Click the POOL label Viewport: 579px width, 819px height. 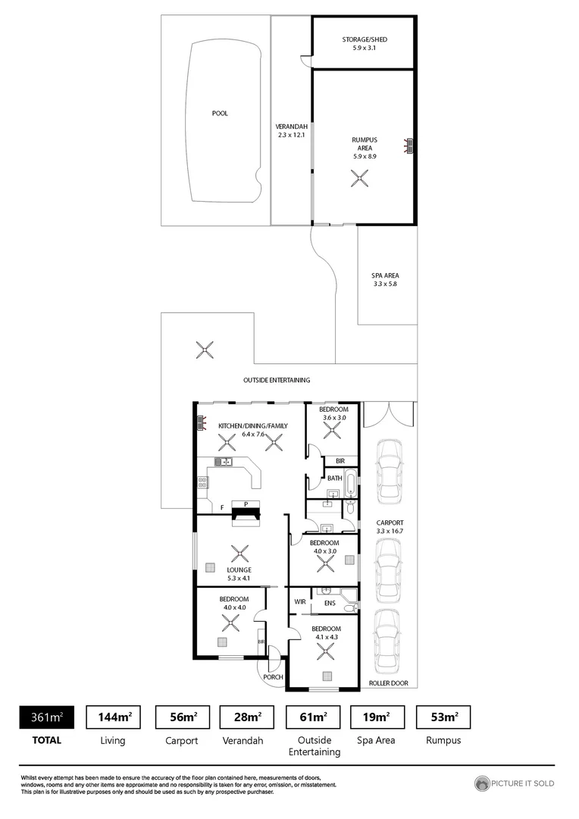coord(220,114)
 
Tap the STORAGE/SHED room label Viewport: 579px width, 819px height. coord(364,39)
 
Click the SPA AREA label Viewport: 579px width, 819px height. coord(386,275)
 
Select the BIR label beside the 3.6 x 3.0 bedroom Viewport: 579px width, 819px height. coord(340,460)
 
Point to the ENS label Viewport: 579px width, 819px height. coord(330,603)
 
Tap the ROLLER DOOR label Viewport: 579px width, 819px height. coord(388,683)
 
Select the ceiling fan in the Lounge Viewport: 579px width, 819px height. coord(240,554)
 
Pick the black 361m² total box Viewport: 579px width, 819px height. coord(46,717)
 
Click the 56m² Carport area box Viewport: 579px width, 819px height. coord(177,717)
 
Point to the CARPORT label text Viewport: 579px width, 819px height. coord(390,523)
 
